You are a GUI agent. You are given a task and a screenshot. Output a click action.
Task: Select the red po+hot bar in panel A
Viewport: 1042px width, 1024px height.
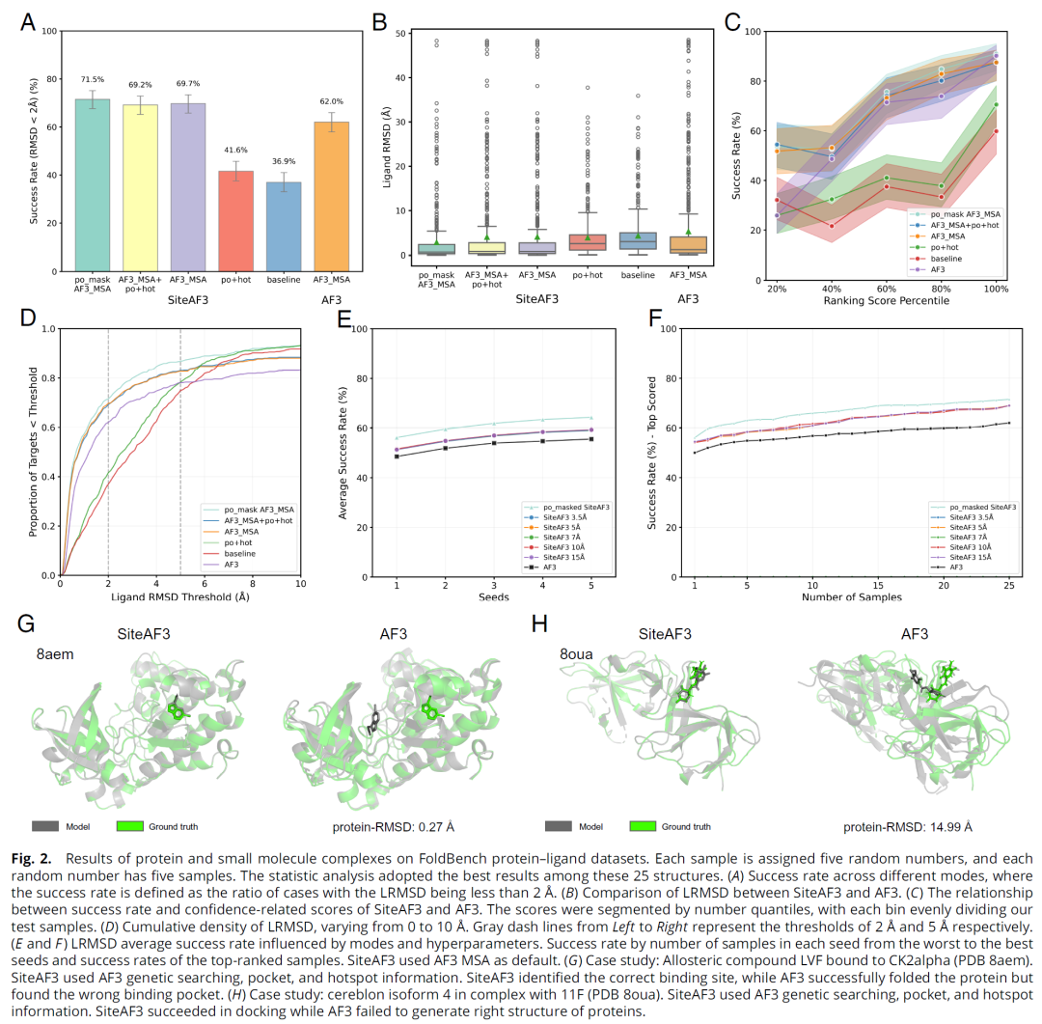236,221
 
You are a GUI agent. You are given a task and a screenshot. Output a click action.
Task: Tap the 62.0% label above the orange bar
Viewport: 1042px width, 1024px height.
331,101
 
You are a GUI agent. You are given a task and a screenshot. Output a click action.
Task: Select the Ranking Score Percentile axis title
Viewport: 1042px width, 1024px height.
886,301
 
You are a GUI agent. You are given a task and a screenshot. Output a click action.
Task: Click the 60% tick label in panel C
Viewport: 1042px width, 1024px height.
886,288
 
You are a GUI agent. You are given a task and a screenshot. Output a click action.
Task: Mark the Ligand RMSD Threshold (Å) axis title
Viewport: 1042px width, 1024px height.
179,597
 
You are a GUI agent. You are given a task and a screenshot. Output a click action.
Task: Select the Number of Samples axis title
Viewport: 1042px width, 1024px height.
852,597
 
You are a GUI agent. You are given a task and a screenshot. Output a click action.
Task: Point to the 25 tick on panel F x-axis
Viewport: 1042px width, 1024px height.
1009,585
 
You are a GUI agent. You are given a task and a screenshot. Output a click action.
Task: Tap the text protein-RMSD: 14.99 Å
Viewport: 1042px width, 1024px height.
907,827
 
